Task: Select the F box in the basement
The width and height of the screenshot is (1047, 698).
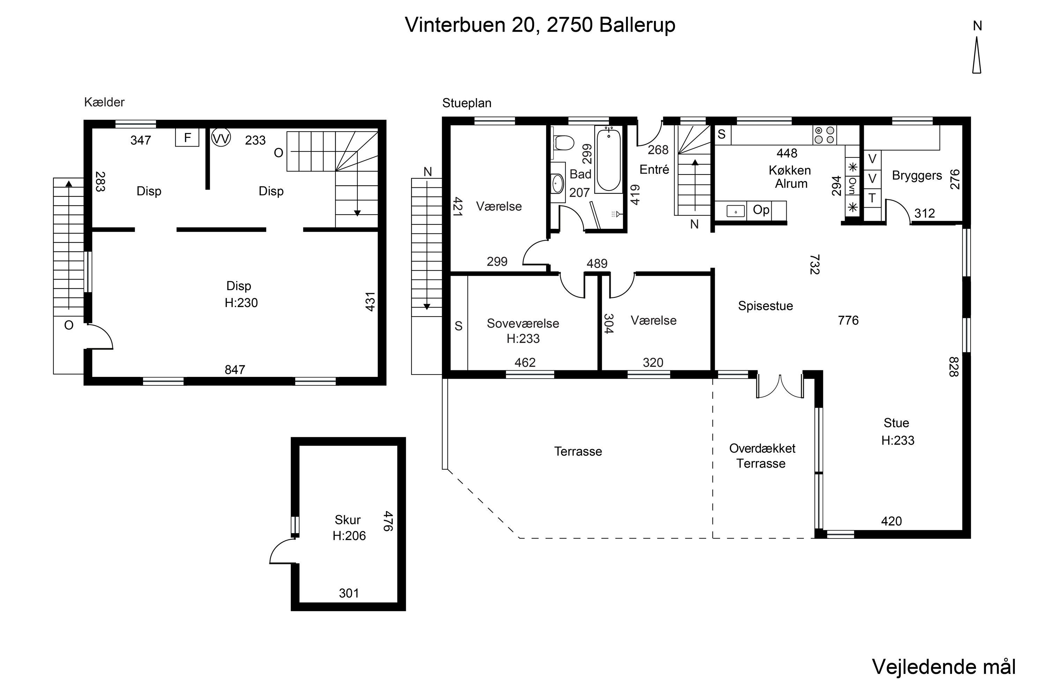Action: point(187,138)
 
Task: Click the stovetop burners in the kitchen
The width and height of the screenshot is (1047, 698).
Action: point(824,135)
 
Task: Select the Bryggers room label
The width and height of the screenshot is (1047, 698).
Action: point(917,176)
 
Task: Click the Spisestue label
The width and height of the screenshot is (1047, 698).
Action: point(765,306)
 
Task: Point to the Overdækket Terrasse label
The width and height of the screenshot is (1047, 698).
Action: point(762,456)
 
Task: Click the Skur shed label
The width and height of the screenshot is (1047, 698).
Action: point(347,520)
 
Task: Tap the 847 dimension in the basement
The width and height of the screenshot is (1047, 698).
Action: point(235,370)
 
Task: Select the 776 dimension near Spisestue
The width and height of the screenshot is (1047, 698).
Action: point(848,320)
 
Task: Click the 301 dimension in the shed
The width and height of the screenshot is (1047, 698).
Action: point(349,593)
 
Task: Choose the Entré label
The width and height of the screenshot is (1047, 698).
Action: point(654,170)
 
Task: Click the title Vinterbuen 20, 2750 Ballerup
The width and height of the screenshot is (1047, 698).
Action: point(540,25)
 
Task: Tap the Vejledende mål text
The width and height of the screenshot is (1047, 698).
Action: point(943,667)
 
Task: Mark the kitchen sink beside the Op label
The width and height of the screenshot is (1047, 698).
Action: point(736,210)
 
